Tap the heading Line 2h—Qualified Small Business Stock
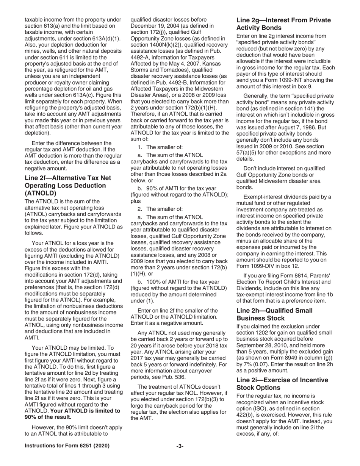click(x=274, y=314)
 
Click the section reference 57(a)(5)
click(x=252, y=153)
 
